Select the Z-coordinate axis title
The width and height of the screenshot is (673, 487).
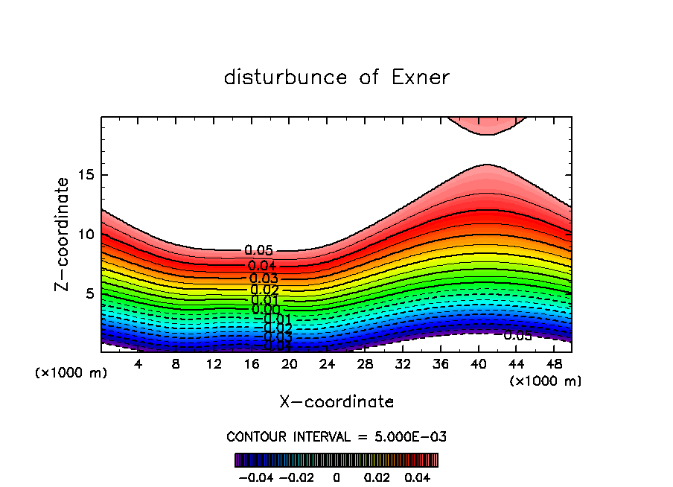pyautogui.click(x=63, y=234)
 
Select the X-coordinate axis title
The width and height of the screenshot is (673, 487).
pyautogui.click(x=336, y=402)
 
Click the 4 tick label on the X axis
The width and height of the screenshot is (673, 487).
pyautogui.click(x=138, y=364)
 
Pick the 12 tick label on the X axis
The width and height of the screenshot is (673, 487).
pyautogui.click(x=214, y=364)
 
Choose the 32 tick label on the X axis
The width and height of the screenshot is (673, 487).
pyautogui.click(x=403, y=364)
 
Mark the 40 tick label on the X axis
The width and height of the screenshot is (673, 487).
pyautogui.click(x=478, y=364)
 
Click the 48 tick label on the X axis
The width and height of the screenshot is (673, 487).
pyautogui.click(x=553, y=364)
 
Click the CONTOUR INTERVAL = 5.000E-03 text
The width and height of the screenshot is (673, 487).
pyautogui.click(x=336, y=436)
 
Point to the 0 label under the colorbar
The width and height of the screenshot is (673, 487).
pyautogui.click(x=336, y=477)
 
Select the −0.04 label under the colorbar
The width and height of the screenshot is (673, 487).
pyautogui.click(x=255, y=477)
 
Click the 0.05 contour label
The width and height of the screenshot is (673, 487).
pyautogui.click(x=258, y=251)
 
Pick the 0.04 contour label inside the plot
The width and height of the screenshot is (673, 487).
pyautogui.click(x=262, y=266)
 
